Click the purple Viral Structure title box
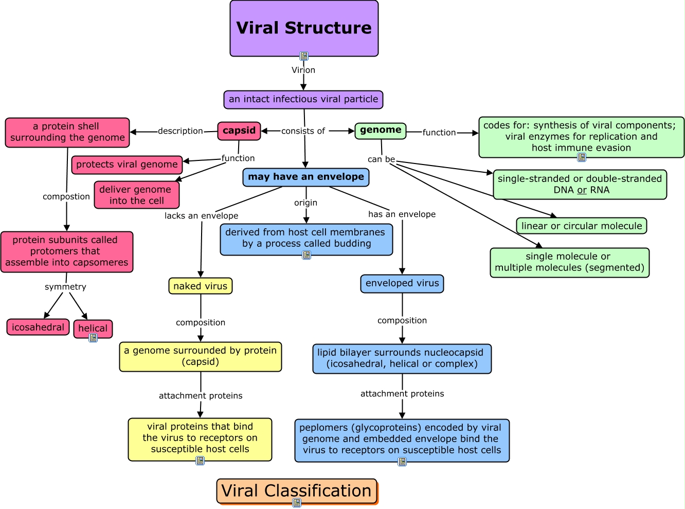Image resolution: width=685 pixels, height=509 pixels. pyautogui.click(x=304, y=28)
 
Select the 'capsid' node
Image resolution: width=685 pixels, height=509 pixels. pyautogui.click(x=239, y=131)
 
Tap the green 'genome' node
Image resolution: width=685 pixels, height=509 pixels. pyautogui.click(x=381, y=131)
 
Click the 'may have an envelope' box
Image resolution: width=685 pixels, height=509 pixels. pyautogui.click(x=306, y=177)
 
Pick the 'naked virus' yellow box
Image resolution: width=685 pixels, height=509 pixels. pyautogui.click(x=201, y=286)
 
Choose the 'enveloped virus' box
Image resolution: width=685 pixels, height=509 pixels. pyautogui.click(x=402, y=283)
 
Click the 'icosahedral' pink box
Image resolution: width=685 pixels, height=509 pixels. pyautogui.click(x=38, y=327)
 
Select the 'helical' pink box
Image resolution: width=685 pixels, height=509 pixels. pyautogui.click(x=93, y=328)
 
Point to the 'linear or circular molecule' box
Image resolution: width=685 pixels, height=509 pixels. pyautogui.click(x=582, y=226)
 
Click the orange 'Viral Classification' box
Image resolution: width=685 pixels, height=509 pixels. pyautogui.click(x=297, y=491)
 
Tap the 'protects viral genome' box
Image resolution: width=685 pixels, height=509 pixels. pyautogui.click(x=127, y=165)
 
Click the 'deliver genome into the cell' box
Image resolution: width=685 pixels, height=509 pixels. pyautogui.click(x=137, y=195)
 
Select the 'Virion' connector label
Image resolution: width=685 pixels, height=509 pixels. pyautogui.click(x=303, y=70)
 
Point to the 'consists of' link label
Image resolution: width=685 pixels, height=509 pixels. pyautogui.click(x=303, y=131)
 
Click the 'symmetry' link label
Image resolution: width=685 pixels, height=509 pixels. pyautogui.click(x=65, y=287)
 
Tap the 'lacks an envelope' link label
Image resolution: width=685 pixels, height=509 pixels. pyautogui.click(x=201, y=216)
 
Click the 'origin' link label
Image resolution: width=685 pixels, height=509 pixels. pyautogui.click(x=305, y=203)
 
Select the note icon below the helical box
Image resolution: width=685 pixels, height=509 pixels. pyautogui.click(x=93, y=338)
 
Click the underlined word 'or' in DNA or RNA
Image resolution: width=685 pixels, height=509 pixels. pyautogui.click(x=582, y=190)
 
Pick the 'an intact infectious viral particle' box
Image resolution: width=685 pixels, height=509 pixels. pyautogui.click(x=303, y=99)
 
